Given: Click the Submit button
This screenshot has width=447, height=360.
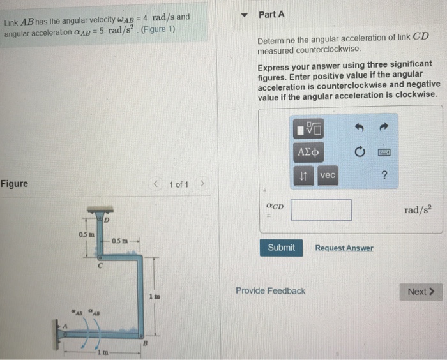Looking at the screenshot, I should coord(281,248).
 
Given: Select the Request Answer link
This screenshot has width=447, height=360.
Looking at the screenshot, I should coord(344,248).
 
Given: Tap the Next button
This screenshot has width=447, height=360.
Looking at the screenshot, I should coord(420,292).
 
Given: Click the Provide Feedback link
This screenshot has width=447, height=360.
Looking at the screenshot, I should coord(270,291).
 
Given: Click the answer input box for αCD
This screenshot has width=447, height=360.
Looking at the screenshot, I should coord(321,210).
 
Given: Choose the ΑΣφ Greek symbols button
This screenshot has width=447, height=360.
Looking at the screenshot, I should coord(308,153).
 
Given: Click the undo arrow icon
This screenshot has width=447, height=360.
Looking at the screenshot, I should coord(359,130).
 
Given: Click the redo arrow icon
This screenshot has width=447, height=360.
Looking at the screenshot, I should coord(384,130).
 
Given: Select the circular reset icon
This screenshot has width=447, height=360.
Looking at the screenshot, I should coord(359,153).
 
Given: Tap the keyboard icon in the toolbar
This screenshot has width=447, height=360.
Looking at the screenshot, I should coord(384,153).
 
